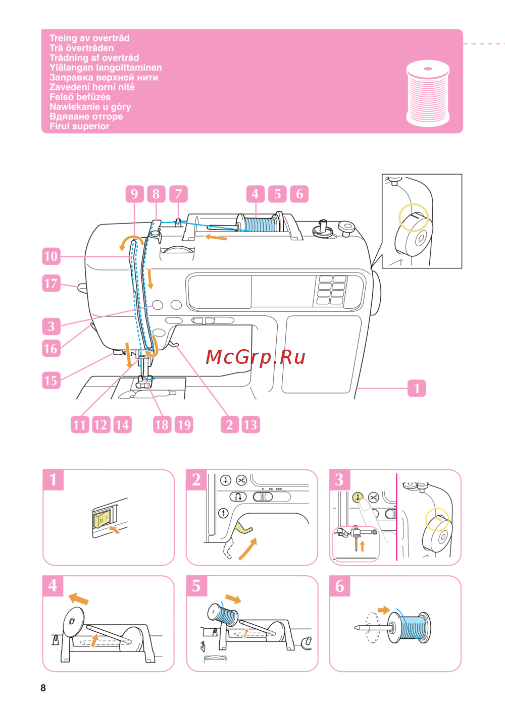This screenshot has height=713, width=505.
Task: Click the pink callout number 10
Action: point(51,256)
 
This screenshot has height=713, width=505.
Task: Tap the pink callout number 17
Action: point(51,283)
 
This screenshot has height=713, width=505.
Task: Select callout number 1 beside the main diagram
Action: point(417,389)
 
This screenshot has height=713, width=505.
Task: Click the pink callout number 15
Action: point(51,380)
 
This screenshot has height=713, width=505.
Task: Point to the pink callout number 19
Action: point(184,425)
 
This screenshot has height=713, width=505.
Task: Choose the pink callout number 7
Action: point(178,194)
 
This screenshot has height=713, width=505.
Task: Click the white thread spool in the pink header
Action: point(428,94)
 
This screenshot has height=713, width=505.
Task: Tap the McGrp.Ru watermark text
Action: point(256,357)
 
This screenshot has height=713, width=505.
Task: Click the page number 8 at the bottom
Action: point(43,688)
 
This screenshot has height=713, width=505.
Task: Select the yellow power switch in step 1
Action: point(102,518)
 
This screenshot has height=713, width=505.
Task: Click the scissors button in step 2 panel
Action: point(241,480)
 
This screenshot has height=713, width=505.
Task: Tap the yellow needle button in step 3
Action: point(358,498)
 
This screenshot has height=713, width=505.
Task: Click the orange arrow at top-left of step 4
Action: point(78,598)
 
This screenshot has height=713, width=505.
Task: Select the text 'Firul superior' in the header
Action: point(79,126)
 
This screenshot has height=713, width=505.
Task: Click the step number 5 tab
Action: point(196,586)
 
